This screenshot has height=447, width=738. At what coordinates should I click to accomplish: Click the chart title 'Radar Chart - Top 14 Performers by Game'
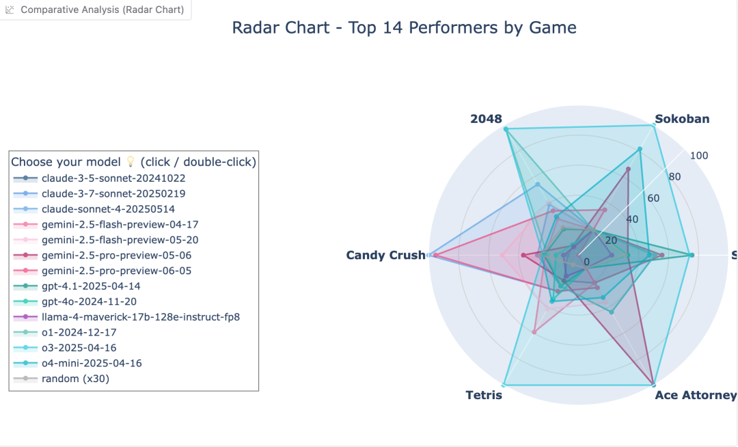coord(404,28)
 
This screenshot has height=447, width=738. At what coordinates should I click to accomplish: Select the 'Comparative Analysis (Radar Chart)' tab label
coord(102,10)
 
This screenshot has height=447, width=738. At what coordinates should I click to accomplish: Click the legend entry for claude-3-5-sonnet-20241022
coord(113,178)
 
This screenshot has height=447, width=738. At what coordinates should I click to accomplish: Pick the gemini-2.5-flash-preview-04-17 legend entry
coord(120,224)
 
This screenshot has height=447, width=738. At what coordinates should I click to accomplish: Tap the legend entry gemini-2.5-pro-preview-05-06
coord(116,255)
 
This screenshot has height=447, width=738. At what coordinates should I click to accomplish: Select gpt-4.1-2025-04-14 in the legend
coord(91,286)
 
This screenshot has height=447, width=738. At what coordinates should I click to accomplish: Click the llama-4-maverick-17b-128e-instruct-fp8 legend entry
coord(141,316)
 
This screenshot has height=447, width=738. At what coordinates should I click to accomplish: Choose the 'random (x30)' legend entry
coord(75,378)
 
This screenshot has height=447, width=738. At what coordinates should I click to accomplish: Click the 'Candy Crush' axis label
coord(385,256)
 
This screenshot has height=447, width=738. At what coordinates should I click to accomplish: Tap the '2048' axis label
coord(486,119)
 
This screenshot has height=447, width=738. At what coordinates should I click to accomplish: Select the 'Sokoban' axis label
coord(682,119)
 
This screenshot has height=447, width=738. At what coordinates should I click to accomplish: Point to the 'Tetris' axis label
coord(484,395)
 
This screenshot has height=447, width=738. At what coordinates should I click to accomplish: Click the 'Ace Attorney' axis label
coord(695,395)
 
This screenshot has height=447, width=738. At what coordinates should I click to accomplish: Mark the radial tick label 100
coord(699,156)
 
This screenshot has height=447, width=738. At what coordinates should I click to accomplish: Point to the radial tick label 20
coord(610,241)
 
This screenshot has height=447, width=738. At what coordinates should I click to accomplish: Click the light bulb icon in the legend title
coord(130,162)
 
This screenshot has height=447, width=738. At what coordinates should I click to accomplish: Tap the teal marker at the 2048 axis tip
coord(506,129)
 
